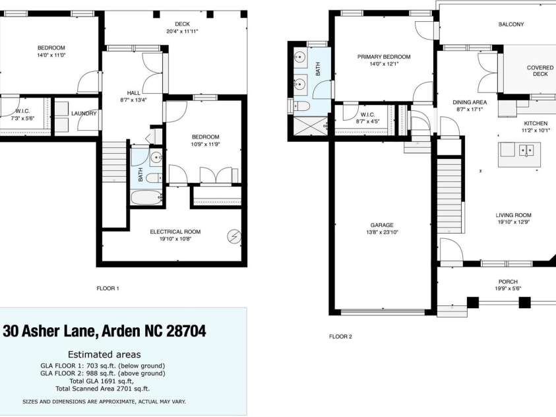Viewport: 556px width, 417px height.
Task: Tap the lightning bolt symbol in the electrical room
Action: click(234, 236)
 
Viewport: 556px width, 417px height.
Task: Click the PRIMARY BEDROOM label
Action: click(384, 57)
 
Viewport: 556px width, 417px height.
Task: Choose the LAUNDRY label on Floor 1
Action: click(84, 113)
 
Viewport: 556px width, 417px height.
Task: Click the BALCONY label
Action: click(511, 24)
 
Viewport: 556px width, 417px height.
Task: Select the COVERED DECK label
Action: click(540, 71)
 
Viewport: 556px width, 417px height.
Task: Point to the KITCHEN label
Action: click(536, 123)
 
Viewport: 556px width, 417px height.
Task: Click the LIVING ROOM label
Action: click(513, 215)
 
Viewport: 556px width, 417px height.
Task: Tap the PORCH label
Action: click(508, 282)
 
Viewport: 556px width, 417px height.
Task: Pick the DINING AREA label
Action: click(470, 102)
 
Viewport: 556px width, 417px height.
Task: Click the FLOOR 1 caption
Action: click(108, 288)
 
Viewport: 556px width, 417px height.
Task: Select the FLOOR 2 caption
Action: click(340, 337)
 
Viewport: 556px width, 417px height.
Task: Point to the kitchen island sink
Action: click(527, 150)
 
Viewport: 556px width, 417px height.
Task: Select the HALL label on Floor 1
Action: click(132, 93)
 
